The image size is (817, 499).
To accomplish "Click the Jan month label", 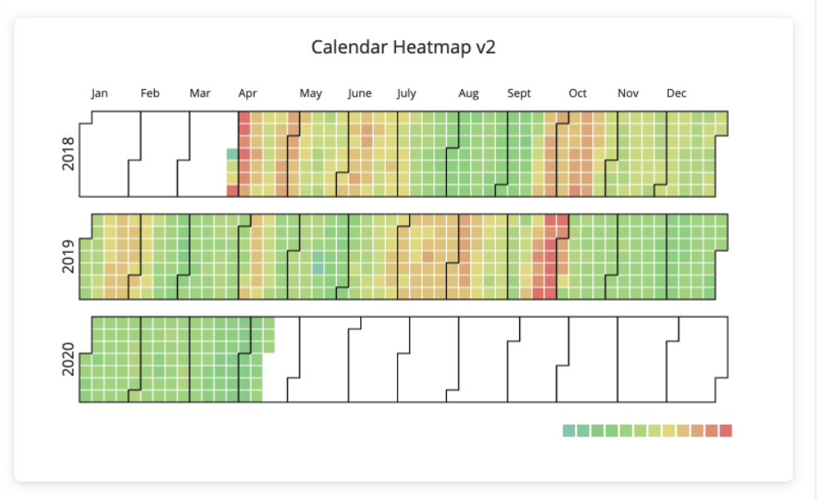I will (99, 93).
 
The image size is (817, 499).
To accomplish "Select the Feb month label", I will (150, 93).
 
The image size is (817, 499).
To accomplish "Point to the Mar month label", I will (200, 93).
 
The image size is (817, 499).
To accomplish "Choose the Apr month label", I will (247, 93).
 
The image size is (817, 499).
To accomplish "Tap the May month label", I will (310, 93).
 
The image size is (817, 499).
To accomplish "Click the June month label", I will (359, 93).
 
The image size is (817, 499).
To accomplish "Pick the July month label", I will (406, 93).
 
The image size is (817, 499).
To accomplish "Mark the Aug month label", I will (468, 93).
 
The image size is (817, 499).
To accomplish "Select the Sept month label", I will (519, 93).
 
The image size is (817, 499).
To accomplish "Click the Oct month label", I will (577, 93).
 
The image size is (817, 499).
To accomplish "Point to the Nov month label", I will (627, 93).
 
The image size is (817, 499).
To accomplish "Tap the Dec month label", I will (676, 93).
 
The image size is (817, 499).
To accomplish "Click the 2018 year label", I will (69, 154).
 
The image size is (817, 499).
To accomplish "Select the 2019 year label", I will (69, 256).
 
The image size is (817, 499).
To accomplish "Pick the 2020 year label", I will (69, 359).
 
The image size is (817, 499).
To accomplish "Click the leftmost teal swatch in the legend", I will (568, 430).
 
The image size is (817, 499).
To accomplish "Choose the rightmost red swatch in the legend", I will (726, 430).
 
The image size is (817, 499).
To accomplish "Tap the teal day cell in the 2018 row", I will (232, 154).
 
